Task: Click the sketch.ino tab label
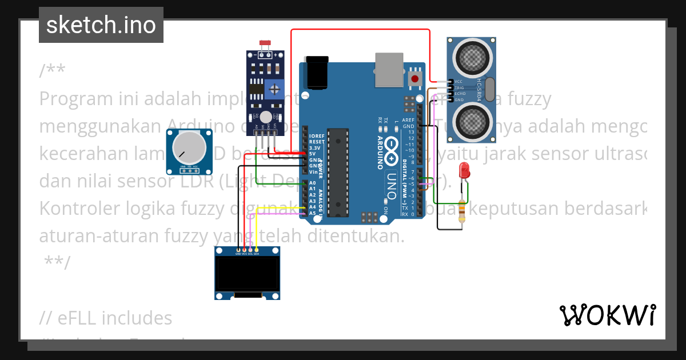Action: [101, 25]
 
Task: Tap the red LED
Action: [464, 170]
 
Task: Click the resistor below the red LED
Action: [462, 211]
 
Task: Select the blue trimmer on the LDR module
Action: [276, 89]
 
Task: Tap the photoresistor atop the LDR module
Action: [265, 43]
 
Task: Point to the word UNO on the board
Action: [391, 185]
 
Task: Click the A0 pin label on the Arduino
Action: [312, 183]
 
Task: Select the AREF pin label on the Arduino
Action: [408, 121]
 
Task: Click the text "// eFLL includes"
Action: [106, 318]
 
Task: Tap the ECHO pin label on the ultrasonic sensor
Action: [460, 93]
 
